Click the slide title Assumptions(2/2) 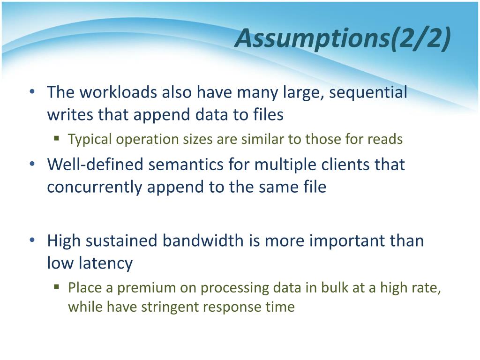[x=343, y=38]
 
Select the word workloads [x=118, y=92]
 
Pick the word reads [x=385, y=139]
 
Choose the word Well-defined [x=95, y=164]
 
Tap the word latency [x=105, y=263]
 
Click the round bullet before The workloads [x=32, y=91]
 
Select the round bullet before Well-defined [x=32, y=164]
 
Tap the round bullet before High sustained [x=32, y=240]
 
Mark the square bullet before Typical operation [x=56, y=138]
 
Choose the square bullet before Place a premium [x=56, y=287]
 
